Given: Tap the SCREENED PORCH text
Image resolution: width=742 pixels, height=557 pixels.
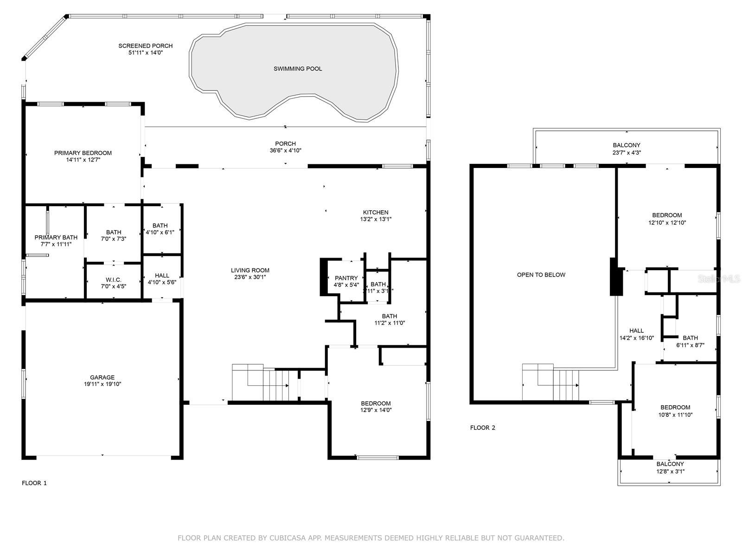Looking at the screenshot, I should tap(145, 46).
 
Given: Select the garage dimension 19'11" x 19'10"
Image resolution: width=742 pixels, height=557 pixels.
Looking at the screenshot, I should tap(102, 384).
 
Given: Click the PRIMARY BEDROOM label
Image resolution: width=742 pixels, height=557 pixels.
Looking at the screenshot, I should tap(83, 153).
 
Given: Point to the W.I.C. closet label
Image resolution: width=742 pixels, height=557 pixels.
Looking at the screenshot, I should tap(113, 280).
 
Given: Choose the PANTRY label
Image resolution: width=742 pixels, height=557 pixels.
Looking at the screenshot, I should tap(346, 278).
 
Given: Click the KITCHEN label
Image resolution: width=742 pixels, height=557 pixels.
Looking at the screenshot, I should tap(376, 213).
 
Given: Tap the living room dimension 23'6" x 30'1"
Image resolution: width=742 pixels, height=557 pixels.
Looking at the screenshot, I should tap(250, 277).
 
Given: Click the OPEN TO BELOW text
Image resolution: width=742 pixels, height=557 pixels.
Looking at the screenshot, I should tap(541, 275).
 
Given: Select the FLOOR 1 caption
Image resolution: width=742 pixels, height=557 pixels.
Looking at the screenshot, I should tap(34, 483).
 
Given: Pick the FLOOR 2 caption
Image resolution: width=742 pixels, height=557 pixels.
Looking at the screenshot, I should tap(483, 428).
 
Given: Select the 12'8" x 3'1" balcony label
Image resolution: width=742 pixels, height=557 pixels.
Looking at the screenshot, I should tap(670, 471).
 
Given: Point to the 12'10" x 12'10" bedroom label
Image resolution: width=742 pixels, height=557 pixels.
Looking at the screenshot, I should tap(667, 222).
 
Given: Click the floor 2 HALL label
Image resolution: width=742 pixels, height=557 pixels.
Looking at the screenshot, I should tap(636, 331).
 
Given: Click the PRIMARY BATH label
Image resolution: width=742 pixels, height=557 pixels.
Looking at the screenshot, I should tap(56, 238).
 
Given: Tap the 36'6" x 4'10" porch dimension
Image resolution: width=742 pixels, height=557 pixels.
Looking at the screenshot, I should tap(285, 150).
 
